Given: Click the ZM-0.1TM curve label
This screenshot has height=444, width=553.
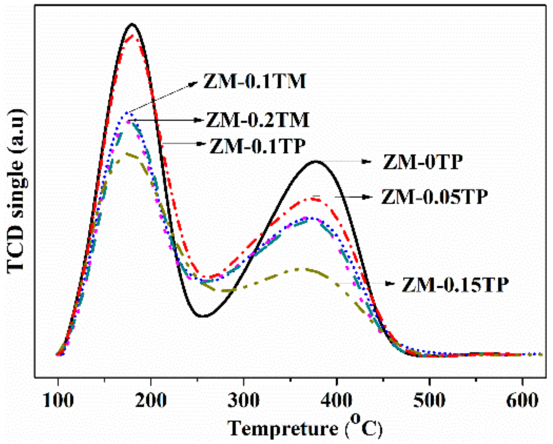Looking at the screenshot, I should tap(255, 81).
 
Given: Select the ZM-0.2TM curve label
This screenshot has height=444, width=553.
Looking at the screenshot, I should tap(258, 120).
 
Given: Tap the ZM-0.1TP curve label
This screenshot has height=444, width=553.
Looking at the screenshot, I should tap(258, 146).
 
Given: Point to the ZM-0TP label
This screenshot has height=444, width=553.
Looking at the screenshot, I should tap(423, 162).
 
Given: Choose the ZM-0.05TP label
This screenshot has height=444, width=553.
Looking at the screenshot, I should tap(434, 197).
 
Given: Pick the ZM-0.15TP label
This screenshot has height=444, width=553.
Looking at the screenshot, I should tap(455, 285).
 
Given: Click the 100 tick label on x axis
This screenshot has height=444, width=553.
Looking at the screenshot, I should tap(58, 400).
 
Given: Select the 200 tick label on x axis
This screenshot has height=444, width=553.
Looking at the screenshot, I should tap(151, 400).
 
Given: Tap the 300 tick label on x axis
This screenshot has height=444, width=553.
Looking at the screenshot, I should tap(244, 400).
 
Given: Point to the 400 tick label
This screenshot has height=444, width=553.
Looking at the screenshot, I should tap(337, 400).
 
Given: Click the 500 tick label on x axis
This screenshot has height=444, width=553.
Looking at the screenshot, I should tap(429, 400).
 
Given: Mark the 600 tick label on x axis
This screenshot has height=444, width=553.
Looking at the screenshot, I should tap(522, 400).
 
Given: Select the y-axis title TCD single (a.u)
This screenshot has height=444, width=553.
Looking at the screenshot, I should tap(16, 191).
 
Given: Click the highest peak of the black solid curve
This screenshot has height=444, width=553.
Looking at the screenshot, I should tap(132, 24).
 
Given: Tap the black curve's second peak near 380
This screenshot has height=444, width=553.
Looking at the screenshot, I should tap(316, 161).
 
